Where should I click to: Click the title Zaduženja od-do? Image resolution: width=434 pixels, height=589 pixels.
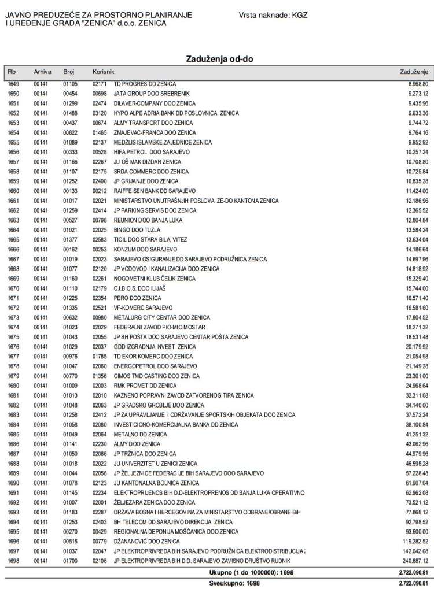[219, 59]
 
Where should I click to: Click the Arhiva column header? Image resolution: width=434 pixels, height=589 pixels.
[43, 72]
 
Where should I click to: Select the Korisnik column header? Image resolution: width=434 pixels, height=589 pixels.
[104, 72]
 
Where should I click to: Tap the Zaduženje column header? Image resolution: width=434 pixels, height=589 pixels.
[414, 72]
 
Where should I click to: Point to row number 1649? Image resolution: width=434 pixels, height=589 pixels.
[14, 84]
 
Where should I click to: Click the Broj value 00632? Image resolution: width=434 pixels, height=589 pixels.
[70, 317]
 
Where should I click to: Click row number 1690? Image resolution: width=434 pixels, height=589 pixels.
[14, 482]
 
